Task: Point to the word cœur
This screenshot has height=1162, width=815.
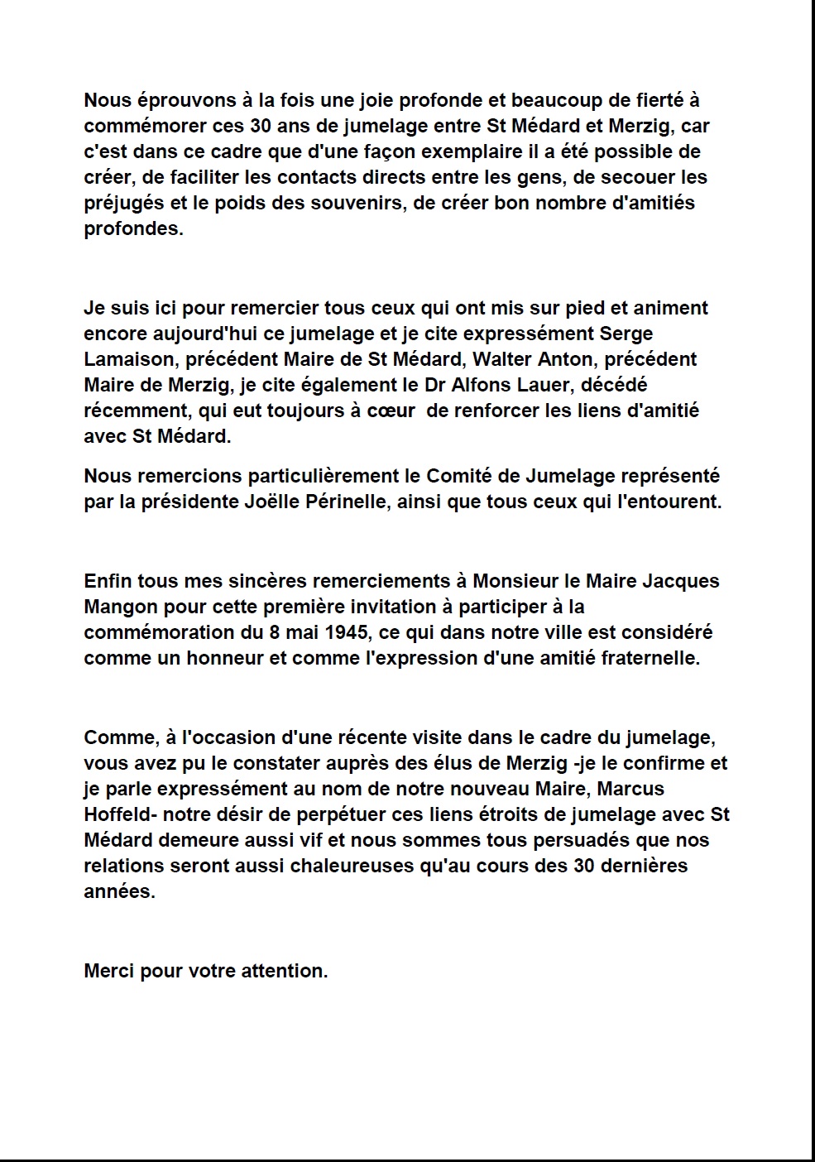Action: click(x=391, y=411)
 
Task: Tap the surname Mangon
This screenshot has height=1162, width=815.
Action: click(x=122, y=607)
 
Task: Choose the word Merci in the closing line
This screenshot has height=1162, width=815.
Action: click(x=109, y=971)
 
